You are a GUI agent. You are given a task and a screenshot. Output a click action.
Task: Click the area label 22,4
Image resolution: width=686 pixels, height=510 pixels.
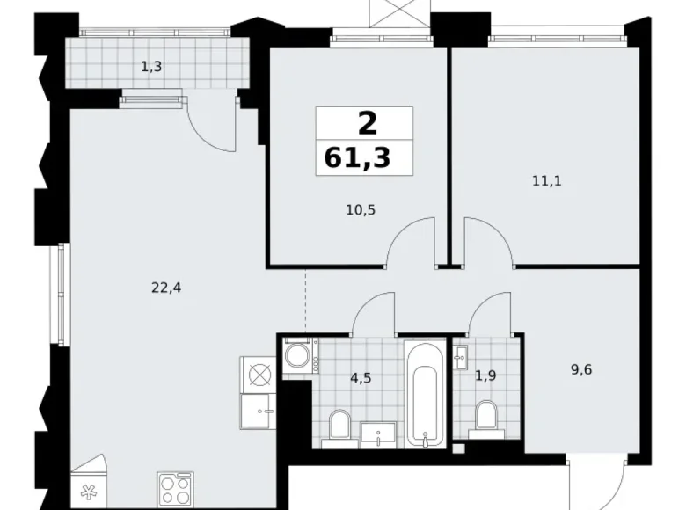pyautogui.click(x=166, y=288)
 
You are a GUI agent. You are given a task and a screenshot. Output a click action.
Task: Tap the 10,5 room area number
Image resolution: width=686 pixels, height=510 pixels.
pyautogui.click(x=361, y=210)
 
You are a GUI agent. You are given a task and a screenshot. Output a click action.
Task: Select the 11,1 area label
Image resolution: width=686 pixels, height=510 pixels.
pyautogui.click(x=547, y=180)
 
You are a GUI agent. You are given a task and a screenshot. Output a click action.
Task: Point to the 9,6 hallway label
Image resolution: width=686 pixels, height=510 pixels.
pyautogui.click(x=581, y=370)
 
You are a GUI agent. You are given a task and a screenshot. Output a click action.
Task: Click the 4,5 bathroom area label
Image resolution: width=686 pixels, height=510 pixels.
pyautogui.click(x=361, y=377)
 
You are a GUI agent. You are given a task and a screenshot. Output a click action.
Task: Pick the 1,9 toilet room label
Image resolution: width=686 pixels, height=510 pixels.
pyautogui.click(x=485, y=375)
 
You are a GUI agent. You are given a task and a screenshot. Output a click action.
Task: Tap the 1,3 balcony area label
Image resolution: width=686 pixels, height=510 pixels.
pyautogui.click(x=151, y=67)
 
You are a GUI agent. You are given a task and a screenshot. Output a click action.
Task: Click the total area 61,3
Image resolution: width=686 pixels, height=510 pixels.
pyautogui.click(x=357, y=158)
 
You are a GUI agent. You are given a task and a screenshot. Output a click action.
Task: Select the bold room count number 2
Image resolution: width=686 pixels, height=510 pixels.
pyautogui.click(x=368, y=124)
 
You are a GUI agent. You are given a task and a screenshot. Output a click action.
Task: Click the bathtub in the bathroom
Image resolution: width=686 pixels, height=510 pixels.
pyautogui.click(x=425, y=393)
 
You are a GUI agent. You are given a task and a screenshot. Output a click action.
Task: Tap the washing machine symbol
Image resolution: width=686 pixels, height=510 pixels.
pyautogui.click(x=300, y=355)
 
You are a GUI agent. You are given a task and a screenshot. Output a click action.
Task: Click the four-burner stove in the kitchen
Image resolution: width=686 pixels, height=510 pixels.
pyautogui.click(x=175, y=490)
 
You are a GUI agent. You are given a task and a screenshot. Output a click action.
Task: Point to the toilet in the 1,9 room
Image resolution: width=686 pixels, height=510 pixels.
pyautogui.click(x=486, y=417)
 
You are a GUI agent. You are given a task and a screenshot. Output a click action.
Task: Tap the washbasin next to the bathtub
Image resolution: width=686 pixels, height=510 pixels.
pyautogui.click(x=378, y=434)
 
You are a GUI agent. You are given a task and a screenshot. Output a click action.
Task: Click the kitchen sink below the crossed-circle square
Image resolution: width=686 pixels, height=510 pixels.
pyautogui.click(x=258, y=412)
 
